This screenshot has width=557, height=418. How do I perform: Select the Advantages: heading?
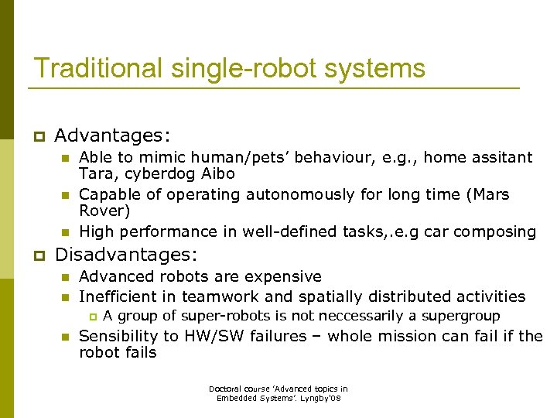coord(111,136)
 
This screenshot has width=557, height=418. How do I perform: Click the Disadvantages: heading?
coord(126,254)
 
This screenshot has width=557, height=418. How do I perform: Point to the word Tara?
coord(96,174)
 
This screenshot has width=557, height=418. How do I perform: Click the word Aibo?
coord(217,174)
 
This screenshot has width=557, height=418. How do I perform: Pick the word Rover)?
coord(104,211)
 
